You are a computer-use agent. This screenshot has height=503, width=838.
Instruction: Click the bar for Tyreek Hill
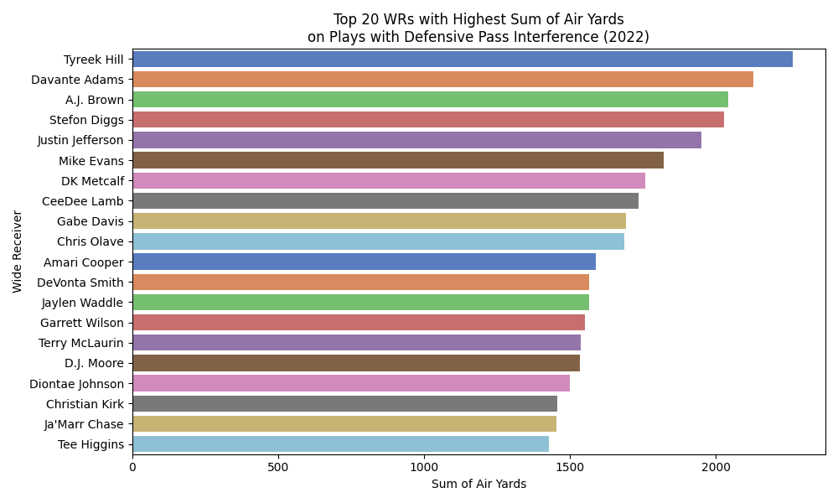coord(463,60)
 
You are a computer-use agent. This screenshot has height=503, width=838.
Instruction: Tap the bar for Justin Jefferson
coord(416,140)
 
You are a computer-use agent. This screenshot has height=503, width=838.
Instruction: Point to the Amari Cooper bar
coord(364,262)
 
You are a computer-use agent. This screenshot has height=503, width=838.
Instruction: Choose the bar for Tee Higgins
coord(340,444)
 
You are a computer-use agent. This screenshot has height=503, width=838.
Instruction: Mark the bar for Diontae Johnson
coord(351,383)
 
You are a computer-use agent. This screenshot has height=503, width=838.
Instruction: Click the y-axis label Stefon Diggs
coord(86,120)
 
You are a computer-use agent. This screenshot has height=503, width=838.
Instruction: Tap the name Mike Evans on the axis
coord(91,160)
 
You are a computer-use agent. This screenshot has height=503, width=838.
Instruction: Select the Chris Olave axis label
coord(91,241)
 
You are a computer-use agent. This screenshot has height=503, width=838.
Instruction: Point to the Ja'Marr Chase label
coord(84,424)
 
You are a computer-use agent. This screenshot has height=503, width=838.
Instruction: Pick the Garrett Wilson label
coord(82,323)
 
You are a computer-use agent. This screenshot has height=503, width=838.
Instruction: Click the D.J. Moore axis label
coord(94,363)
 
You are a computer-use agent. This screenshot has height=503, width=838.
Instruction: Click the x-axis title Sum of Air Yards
coord(478,484)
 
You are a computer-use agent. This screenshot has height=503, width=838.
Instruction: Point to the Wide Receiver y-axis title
coord(18,251)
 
